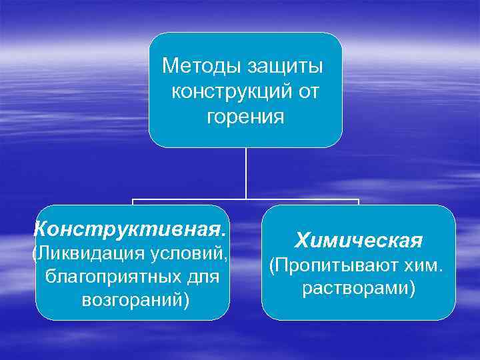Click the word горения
click(x=245, y=117)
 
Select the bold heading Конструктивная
click(x=131, y=229)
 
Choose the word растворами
click(x=355, y=289)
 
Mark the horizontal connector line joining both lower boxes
click(x=246, y=199)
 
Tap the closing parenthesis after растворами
click(x=413, y=289)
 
